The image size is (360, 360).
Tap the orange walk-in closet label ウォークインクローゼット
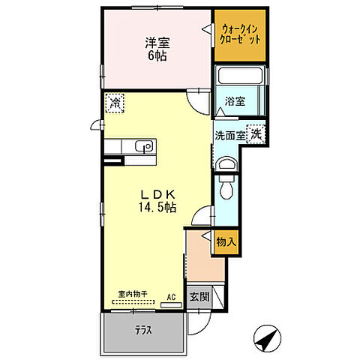point(240,34)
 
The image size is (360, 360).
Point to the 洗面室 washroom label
point(229,136)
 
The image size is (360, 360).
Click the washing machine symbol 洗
point(256,135)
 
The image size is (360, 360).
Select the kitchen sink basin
point(146,146)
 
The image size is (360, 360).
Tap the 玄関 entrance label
point(198,295)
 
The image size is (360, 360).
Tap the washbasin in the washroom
point(224,165)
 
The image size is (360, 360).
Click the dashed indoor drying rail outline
point(133,304)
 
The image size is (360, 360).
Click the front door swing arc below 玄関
point(196,322)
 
